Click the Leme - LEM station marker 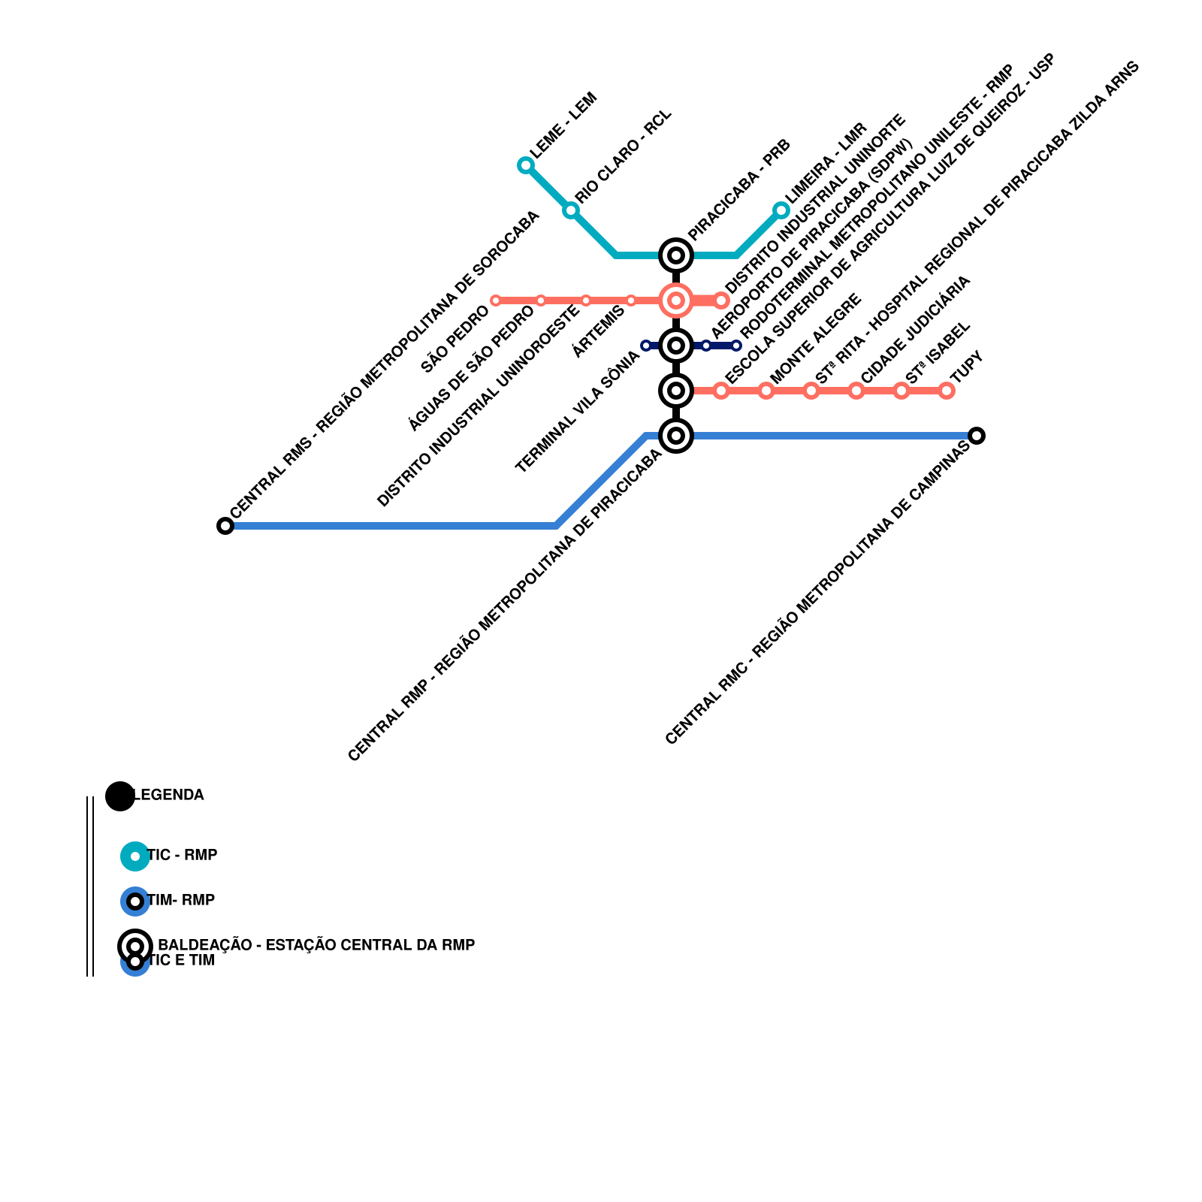[x=526, y=165]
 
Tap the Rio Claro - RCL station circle [x=571, y=210]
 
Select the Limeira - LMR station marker [x=781, y=210]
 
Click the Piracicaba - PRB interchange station [x=676, y=255]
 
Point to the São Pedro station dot [x=496, y=300]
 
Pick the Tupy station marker [x=947, y=391]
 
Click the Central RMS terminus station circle [x=225, y=526]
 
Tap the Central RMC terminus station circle [x=977, y=436]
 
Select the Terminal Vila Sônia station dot [x=646, y=346]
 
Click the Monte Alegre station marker [x=766, y=391]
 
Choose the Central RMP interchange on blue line [x=676, y=436]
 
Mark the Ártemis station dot [x=631, y=300]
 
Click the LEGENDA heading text [x=168, y=795]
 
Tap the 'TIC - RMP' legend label [x=183, y=855]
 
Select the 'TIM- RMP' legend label [x=181, y=900]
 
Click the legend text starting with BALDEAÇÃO [x=316, y=945]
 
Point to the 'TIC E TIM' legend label [x=181, y=961]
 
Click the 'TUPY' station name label [x=967, y=367]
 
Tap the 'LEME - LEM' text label [x=563, y=125]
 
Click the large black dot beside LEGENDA [x=120, y=796]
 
